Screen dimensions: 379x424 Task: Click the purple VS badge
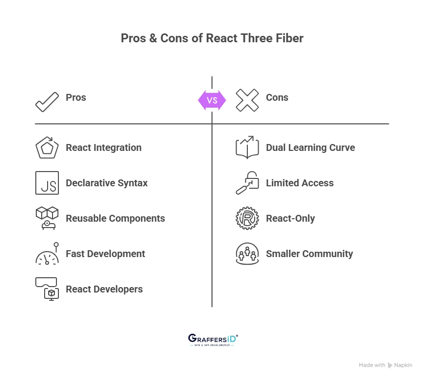coord(212,100)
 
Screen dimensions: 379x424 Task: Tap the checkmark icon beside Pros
coord(47,100)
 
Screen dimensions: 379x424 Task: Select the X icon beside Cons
coord(247,100)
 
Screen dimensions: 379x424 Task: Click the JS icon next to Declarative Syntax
coord(47,183)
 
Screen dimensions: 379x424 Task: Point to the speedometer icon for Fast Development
coord(47,255)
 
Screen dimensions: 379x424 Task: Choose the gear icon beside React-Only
coord(247,218)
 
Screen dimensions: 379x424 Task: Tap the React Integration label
coord(104,147)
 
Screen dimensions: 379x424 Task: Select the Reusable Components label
coord(115,218)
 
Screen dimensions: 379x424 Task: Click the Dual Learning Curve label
coord(310,147)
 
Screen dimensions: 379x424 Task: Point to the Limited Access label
coord(299,183)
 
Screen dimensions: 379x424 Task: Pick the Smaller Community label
coord(309,254)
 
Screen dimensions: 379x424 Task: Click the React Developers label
coord(104,289)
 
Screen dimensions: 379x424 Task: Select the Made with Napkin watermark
coord(385,365)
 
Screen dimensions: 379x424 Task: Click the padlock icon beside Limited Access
coord(247,183)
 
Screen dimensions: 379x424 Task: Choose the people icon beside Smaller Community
coord(247,254)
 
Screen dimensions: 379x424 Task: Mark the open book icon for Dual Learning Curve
coord(247,147)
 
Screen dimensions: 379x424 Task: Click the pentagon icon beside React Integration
coord(47,147)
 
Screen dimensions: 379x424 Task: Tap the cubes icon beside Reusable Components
coord(47,218)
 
